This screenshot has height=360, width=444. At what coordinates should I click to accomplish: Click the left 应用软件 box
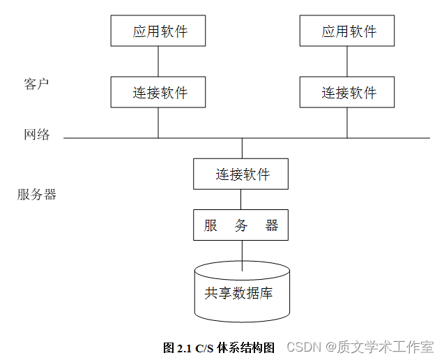(x=158, y=31)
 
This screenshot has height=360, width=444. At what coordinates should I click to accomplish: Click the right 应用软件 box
(x=347, y=31)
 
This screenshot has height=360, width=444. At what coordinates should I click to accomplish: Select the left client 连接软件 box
(x=158, y=92)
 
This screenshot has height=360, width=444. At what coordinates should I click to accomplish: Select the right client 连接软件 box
(x=347, y=92)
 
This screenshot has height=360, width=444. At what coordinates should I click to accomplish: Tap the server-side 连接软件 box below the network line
(x=241, y=174)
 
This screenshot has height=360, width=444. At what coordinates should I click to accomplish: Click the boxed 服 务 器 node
(x=241, y=225)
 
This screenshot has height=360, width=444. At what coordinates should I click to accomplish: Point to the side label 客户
(x=36, y=84)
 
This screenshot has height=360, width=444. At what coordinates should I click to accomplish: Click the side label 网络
(x=37, y=135)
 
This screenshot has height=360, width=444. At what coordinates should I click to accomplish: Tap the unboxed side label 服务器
(x=37, y=195)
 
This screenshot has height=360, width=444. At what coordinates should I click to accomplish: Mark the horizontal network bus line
(x=105, y=138)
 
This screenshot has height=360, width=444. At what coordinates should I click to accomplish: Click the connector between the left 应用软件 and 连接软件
(x=158, y=61)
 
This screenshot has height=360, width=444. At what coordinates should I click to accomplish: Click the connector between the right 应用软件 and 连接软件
(x=347, y=61)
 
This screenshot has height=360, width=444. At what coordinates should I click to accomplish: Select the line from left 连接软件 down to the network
(x=158, y=123)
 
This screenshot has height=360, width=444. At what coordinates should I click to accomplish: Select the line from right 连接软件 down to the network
(x=347, y=123)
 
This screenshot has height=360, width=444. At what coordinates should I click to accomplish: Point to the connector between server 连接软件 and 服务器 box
(x=241, y=200)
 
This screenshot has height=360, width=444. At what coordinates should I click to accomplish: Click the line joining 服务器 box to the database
(x=242, y=253)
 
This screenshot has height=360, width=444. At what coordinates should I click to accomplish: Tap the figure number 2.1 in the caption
(x=184, y=347)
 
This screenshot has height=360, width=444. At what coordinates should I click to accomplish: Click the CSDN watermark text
(x=303, y=347)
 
